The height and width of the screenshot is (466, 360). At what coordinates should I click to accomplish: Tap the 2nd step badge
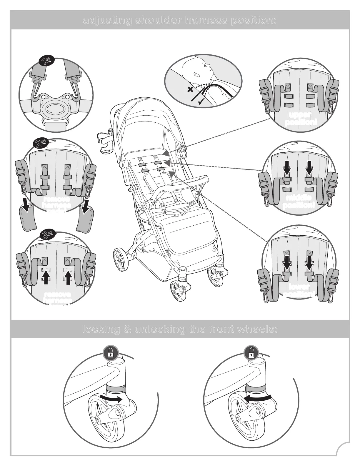pos(40,144)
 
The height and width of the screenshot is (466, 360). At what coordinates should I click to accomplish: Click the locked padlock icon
pos(111,353)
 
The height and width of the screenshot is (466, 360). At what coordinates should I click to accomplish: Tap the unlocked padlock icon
pos(251,353)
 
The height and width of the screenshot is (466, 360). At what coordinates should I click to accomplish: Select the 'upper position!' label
pos(301,118)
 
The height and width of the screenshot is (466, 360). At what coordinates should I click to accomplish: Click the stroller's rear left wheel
pos(121,259)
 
